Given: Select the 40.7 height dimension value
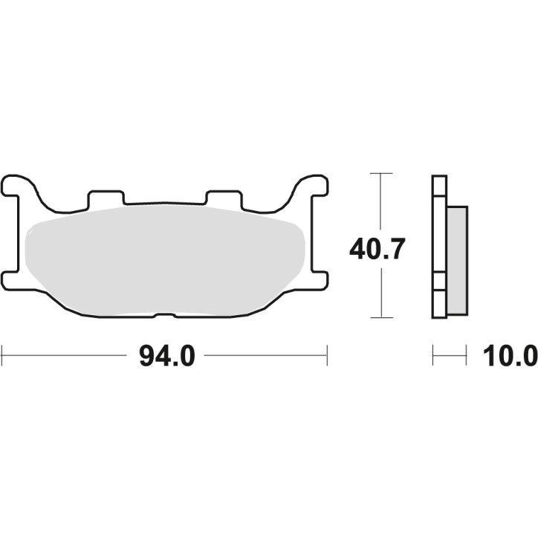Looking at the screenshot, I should (x=377, y=248).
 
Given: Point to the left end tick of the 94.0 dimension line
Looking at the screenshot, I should (x=2, y=355).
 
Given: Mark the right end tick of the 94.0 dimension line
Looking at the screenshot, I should (x=327, y=355).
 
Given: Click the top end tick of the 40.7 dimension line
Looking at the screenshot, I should (x=380, y=174).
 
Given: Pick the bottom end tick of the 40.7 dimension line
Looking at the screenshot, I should (x=380, y=317).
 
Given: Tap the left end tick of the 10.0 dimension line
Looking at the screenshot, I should (x=433, y=355).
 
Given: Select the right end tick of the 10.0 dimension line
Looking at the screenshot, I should (x=466, y=355).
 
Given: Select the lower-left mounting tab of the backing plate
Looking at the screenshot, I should (x=13, y=280).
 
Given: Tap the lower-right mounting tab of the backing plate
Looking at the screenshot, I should (x=317, y=280).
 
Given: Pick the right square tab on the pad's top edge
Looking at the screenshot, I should (x=224, y=198).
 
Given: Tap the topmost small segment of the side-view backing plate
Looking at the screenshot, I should (x=439, y=185).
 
